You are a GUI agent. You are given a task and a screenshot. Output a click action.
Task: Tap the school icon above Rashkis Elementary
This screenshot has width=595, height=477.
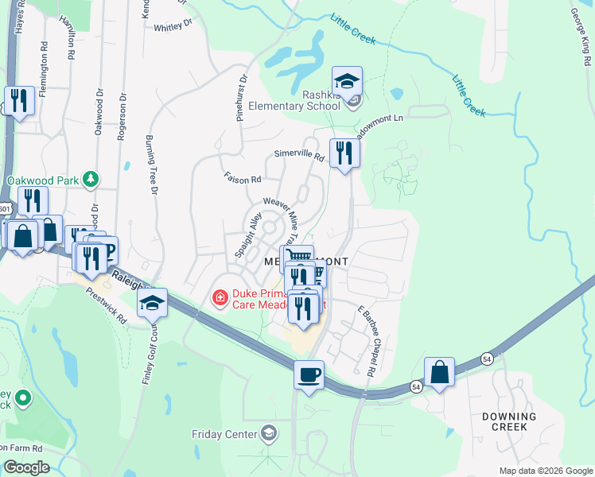(347, 82)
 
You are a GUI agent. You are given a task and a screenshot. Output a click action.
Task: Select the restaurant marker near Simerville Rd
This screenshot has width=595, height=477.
(344, 151)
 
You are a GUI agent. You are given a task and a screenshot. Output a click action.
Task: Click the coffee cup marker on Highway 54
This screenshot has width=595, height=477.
(309, 374)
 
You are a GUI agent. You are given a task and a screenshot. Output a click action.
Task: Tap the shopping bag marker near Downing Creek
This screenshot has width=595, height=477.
(439, 372)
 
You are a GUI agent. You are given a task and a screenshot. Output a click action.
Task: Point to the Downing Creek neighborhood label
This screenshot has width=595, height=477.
(509, 421)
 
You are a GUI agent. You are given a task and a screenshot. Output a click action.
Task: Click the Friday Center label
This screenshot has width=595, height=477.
(225, 434)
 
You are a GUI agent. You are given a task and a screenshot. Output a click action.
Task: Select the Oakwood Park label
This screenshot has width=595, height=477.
(43, 180)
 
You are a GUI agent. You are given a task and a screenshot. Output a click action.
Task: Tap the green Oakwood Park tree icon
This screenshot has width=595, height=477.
(92, 180)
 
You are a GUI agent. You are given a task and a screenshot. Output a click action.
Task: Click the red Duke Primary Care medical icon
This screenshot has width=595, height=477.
(219, 298)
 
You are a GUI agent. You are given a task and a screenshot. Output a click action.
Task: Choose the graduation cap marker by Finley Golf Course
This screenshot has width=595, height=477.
(152, 303)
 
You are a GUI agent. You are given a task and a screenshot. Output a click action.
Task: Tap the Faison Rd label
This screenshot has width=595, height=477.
(243, 180)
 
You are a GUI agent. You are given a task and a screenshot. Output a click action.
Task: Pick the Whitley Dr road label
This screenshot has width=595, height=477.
(173, 27)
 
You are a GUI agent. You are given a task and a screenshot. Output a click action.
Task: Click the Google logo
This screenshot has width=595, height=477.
(25, 467)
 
